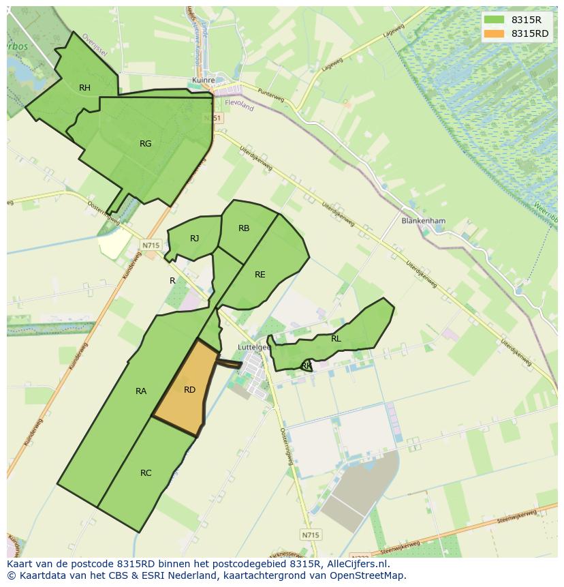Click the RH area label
84,87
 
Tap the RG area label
145,143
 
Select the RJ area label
195,238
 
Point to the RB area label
244,228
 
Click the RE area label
260,274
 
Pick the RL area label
336,338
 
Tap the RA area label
141,391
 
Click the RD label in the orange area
189,389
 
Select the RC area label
146,472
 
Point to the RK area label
307,366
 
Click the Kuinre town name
204,80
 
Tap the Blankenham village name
423,221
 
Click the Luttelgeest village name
253,346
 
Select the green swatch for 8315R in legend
495,20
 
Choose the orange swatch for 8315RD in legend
495,33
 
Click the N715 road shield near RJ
151,245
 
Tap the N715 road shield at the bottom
309,535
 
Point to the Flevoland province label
238,106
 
